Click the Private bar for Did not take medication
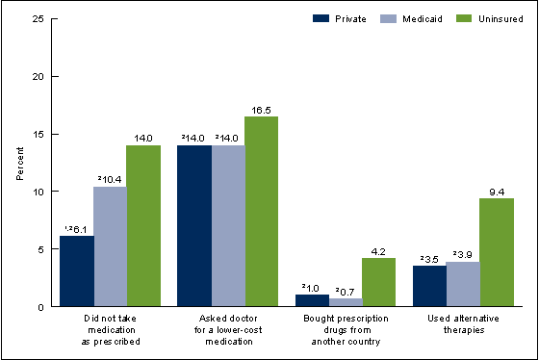[76, 271]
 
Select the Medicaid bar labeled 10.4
[110, 246]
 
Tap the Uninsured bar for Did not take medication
[143, 226]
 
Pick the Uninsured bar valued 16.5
[262, 212]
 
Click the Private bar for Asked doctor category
[194, 226]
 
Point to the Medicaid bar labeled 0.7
[346, 302]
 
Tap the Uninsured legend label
[482, 17]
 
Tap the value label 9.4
[498, 190]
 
